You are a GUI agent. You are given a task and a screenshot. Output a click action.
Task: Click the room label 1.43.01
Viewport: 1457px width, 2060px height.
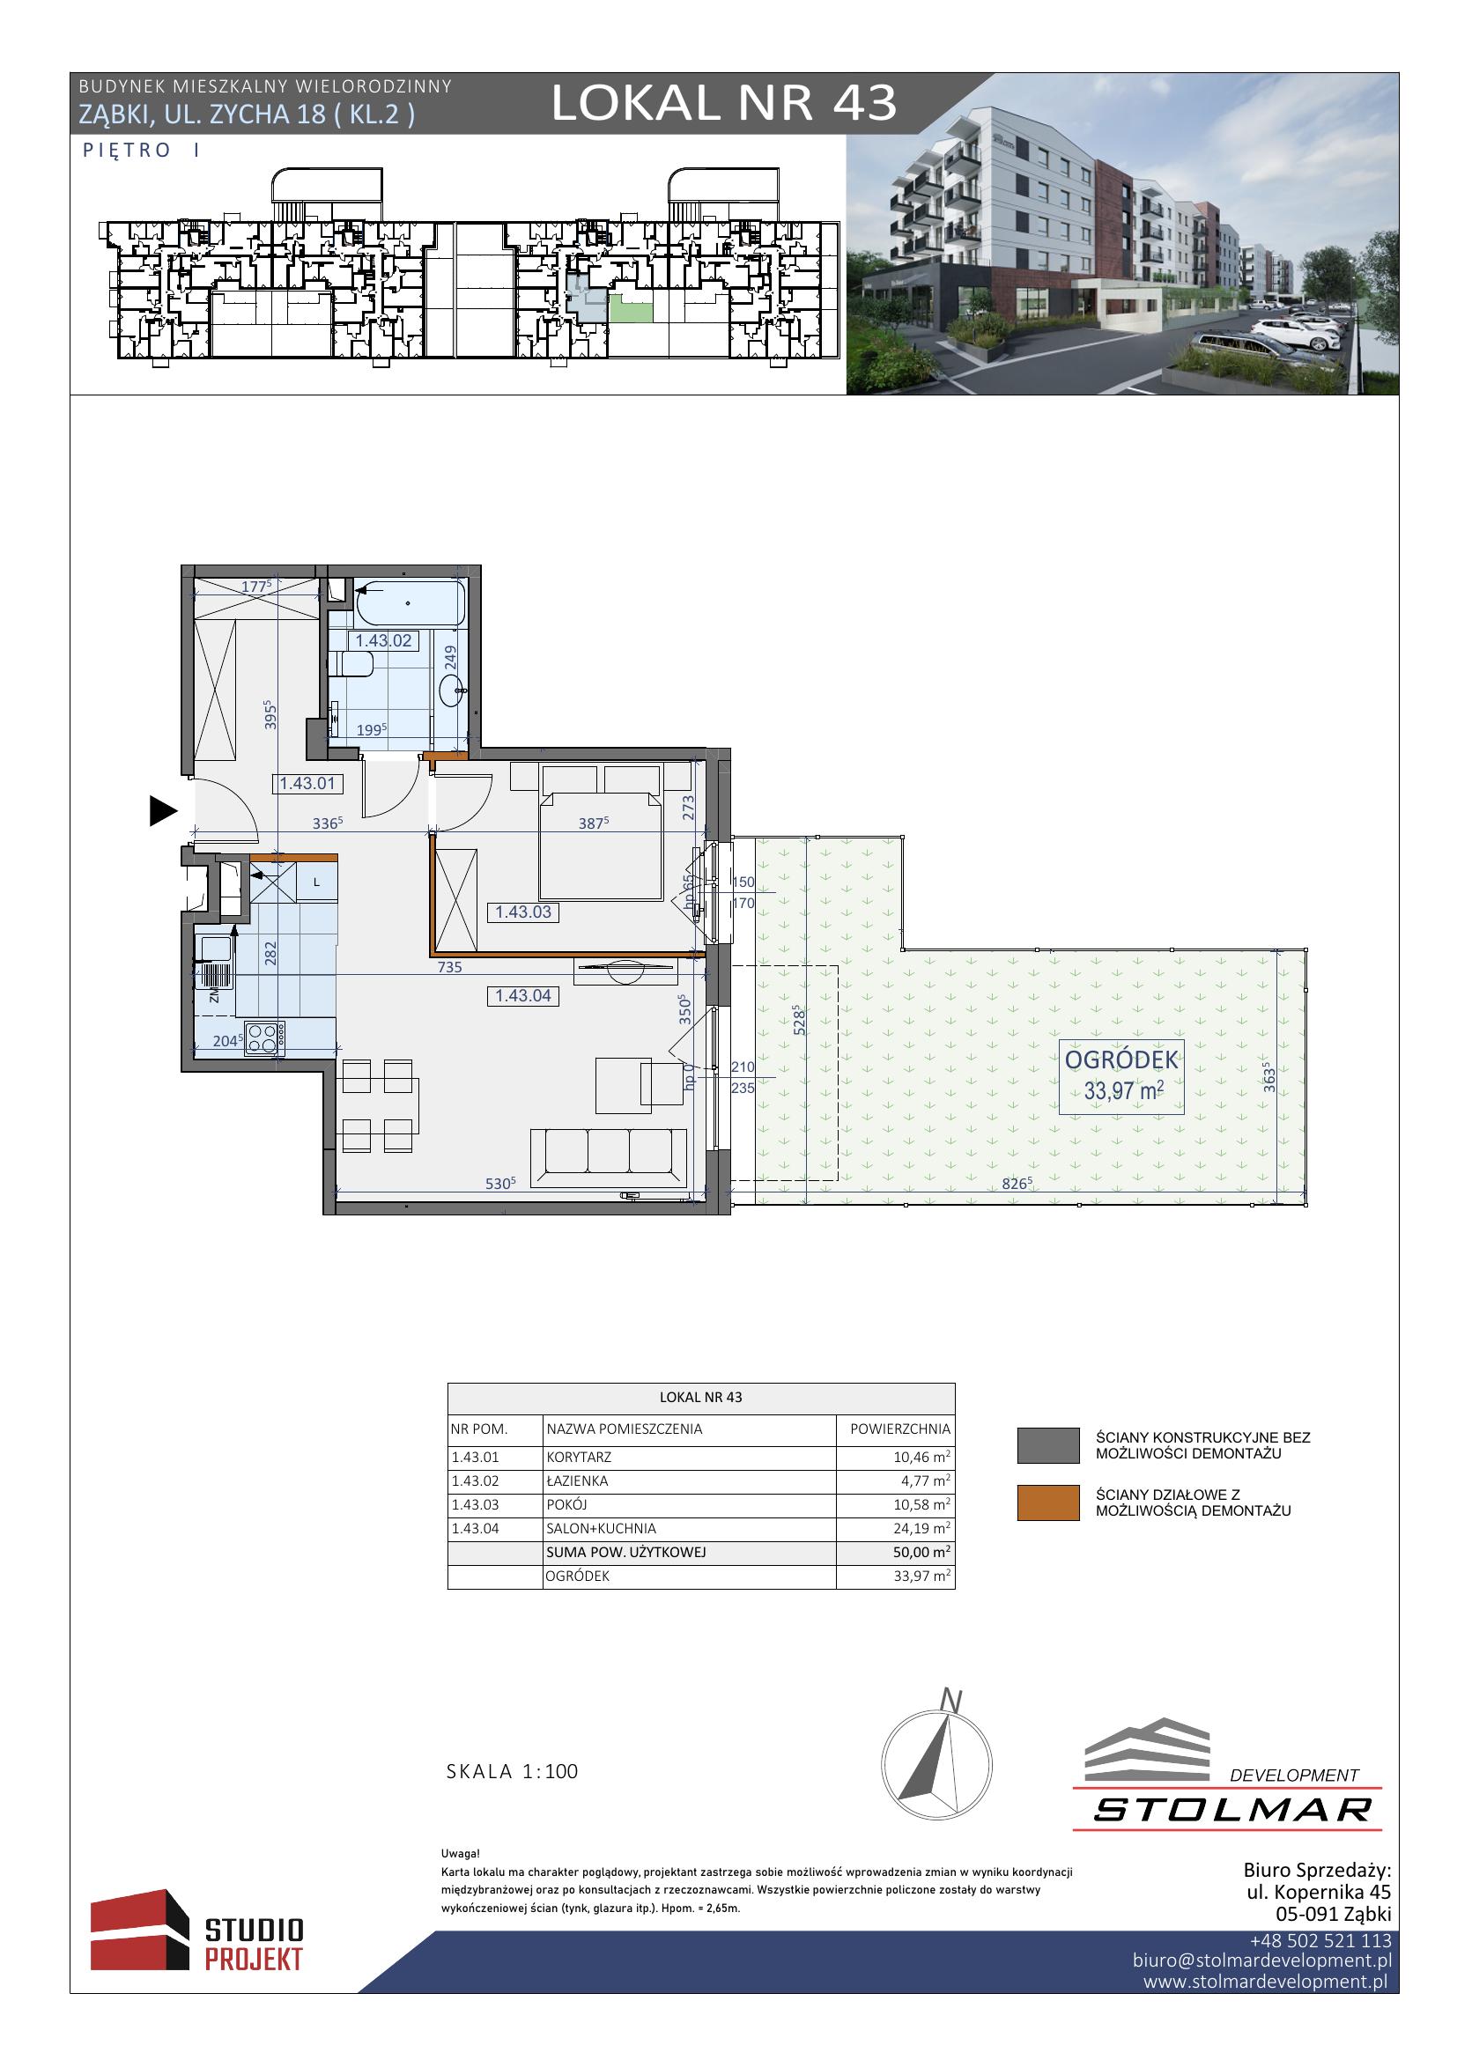307,783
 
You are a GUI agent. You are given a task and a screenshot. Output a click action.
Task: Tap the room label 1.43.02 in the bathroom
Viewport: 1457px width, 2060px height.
383,640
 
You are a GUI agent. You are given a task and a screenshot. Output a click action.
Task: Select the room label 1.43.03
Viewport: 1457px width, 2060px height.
524,912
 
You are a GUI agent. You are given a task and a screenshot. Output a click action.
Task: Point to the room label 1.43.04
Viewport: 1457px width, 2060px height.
524,995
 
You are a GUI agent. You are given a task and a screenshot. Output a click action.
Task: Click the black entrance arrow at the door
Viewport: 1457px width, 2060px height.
162,811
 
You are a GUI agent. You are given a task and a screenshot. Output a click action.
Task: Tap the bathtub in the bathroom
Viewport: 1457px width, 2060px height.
410,605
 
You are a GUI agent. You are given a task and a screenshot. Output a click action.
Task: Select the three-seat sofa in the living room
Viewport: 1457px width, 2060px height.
610,1156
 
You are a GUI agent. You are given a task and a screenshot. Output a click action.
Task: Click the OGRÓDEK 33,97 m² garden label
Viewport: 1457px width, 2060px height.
1121,1076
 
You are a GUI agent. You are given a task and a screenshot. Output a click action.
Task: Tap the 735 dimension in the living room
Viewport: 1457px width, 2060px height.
449,967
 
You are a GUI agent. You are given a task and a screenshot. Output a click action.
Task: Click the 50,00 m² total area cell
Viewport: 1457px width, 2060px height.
922,1551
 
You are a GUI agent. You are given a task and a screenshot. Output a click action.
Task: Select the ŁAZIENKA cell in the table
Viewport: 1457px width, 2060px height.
577,1481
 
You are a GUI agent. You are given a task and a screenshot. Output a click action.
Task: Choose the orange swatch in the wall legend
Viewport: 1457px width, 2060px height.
1048,1503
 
